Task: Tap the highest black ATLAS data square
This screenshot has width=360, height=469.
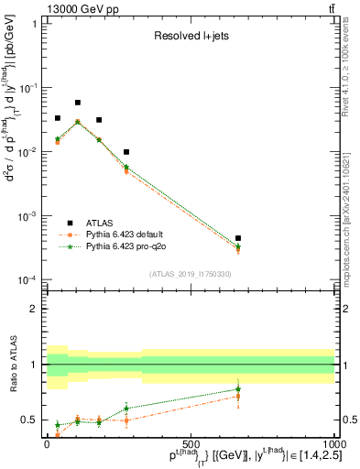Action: coord(78,103)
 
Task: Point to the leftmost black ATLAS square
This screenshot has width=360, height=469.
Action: coord(58,118)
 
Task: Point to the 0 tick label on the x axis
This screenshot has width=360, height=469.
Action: coord(47,444)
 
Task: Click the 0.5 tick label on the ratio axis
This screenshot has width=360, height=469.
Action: coord(32,420)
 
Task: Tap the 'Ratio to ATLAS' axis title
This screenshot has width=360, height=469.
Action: coord(12,365)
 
